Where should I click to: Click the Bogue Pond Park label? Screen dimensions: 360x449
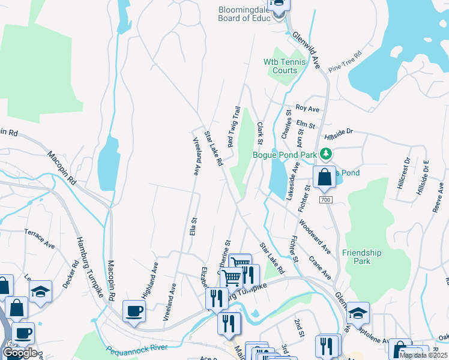(284, 155)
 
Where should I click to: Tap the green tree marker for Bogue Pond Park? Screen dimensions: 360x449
(327, 155)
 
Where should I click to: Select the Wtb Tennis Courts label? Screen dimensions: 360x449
(285, 66)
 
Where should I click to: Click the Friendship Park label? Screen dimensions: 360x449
(361, 257)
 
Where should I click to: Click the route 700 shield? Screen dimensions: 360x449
(325, 200)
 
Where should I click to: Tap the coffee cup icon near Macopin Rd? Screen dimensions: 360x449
(134, 311)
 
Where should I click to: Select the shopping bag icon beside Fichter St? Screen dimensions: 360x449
(324, 178)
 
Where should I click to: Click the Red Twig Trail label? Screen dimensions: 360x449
(234, 127)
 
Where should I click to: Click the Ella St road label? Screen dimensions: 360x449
(193, 227)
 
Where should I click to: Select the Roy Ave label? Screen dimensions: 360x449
(307, 109)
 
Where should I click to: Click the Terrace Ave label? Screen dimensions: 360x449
(40, 238)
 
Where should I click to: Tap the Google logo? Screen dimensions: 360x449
(20, 353)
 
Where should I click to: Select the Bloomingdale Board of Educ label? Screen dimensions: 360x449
(245, 14)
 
